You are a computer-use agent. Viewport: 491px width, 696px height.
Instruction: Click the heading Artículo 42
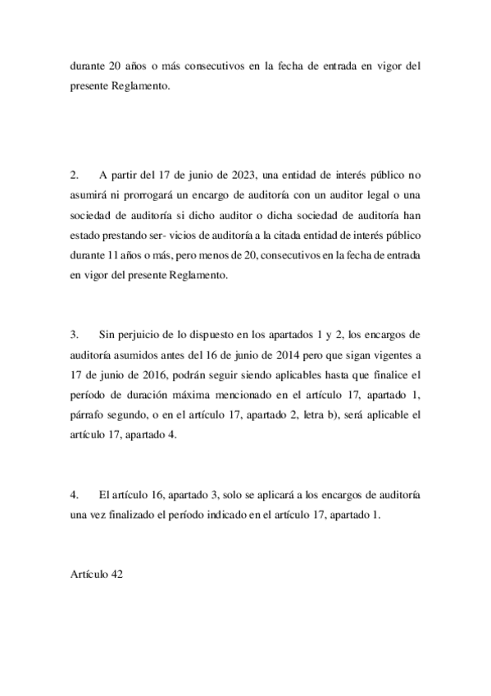(x=96, y=575)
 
